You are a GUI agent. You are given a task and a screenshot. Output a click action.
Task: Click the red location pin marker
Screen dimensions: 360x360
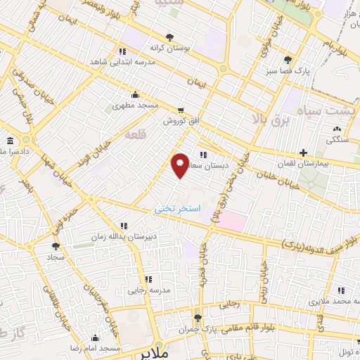(180, 165)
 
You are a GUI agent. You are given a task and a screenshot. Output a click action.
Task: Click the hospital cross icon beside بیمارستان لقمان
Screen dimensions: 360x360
(303, 153)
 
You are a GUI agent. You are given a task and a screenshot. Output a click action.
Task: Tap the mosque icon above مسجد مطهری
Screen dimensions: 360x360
(136, 96)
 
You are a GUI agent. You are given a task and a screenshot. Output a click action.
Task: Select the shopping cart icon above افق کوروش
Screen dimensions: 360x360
(181, 110)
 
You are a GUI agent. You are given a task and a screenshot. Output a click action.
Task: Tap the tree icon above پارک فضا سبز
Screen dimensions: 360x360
(288, 59)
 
